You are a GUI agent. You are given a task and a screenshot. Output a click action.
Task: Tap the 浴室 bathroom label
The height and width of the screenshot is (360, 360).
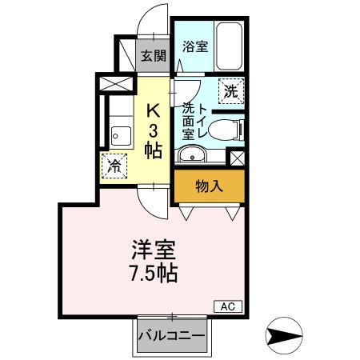(x=195, y=46)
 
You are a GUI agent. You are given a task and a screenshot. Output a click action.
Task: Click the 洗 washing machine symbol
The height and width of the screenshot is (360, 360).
(x=230, y=90)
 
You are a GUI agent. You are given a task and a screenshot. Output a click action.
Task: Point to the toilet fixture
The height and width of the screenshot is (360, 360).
(x=229, y=126)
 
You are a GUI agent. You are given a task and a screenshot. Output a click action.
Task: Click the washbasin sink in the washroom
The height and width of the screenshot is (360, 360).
(x=190, y=154)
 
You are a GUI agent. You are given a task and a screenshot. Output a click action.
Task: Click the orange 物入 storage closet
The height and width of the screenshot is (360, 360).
(x=209, y=187)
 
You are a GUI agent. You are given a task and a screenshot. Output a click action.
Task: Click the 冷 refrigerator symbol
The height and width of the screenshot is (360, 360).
(x=115, y=166)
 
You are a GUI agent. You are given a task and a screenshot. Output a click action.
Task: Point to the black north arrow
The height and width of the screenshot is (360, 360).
(x=285, y=334)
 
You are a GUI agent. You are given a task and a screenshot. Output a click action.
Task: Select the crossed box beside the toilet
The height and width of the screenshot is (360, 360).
(x=236, y=157)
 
